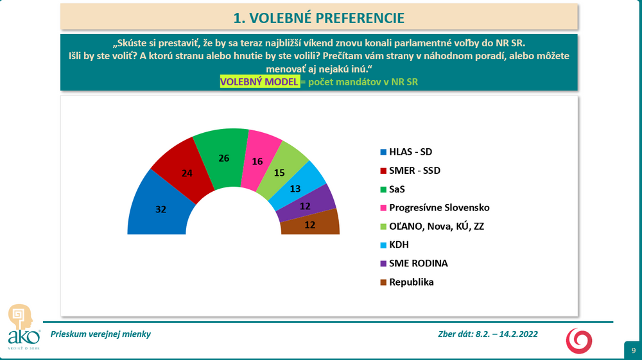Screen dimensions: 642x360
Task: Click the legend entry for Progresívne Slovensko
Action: (x=435, y=207)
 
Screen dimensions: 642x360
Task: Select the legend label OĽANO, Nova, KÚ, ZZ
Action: (x=432, y=227)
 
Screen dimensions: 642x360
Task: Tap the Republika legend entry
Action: (x=407, y=282)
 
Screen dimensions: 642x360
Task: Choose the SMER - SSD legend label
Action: (x=410, y=171)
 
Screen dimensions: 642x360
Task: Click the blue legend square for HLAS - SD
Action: (x=383, y=152)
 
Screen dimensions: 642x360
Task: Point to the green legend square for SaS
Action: (x=383, y=189)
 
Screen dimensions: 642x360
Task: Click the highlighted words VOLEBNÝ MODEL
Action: (x=259, y=82)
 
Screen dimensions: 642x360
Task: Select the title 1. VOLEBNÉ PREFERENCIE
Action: (x=319, y=18)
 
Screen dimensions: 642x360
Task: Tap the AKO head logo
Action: (x=21, y=316)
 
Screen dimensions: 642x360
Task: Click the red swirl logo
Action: (x=579, y=341)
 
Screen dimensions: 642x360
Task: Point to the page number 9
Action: (x=634, y=350)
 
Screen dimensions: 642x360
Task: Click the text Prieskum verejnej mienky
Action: (x=101, y=334)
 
